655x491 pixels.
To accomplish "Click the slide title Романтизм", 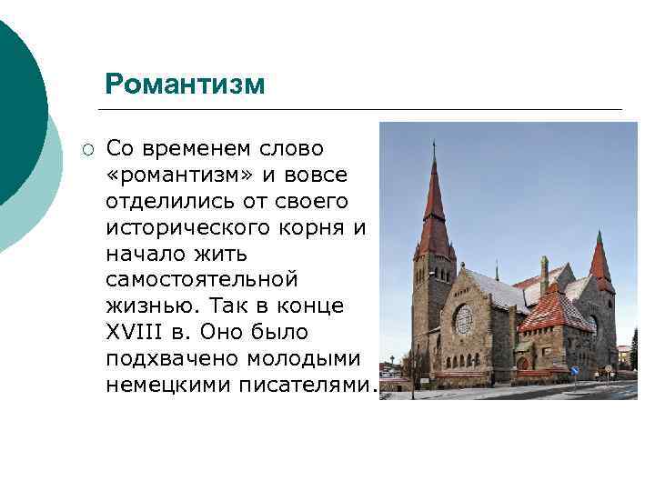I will [x=185, y=85].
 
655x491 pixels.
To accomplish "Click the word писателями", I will [x=304, y=385].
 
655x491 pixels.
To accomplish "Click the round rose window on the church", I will [x=464, y=319].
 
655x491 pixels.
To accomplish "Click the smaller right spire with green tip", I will [x=600, y=259].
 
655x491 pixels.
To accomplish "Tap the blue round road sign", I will [x=574, y=371].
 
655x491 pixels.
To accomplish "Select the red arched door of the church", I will [x=522, y=363].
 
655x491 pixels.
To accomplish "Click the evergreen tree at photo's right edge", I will [x=633, y=350].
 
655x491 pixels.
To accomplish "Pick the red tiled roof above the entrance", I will [x=555, y=311].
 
